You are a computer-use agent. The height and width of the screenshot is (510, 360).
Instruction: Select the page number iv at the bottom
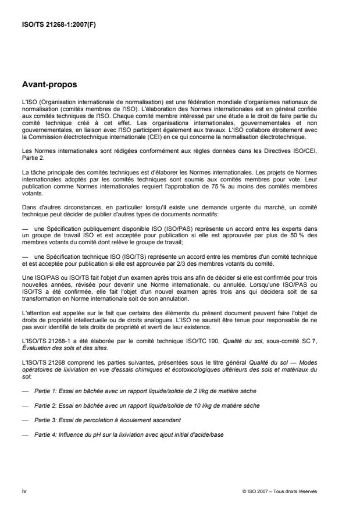pos(24,491)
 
